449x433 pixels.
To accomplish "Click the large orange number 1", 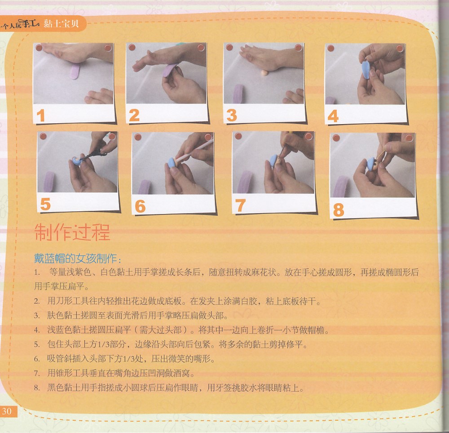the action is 41,116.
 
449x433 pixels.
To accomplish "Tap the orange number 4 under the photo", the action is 333,116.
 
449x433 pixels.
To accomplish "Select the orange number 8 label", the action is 339,210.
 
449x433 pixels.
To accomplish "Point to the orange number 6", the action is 140,206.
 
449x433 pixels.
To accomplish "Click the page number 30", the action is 7,411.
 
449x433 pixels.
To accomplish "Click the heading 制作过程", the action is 72,232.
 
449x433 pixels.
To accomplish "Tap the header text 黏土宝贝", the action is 61,24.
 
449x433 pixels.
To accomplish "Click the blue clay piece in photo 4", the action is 366,69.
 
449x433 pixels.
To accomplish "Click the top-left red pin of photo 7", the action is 238,136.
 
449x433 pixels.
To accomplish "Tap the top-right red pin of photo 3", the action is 299,47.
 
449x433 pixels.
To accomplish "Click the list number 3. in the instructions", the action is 37,316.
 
